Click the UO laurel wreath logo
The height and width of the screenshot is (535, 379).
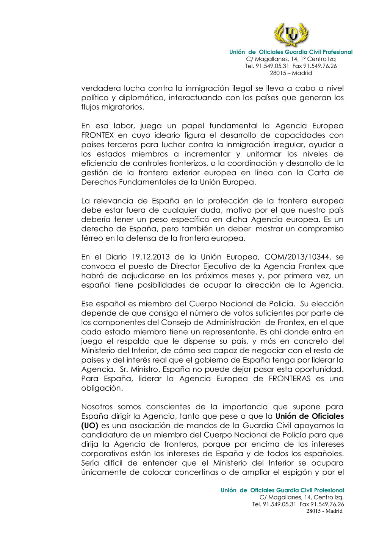pyautogui.click(x=291, y=34)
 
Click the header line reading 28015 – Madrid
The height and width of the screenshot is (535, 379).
pyautogui.click(x=291, y=73)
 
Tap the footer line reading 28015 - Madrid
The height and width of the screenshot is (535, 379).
pyautogui.click(x=324, y=511)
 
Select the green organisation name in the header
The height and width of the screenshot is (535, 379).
pyautogui.click(x=291, y=52)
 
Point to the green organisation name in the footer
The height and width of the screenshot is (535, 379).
pyautogui.click(x=282, y=490)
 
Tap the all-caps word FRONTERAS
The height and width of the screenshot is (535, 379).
pyautogui.click(x=290, y=379)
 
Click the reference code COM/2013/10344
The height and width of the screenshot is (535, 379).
pyautogui.click(x=298, y=257)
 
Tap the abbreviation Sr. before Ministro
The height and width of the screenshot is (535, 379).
pyautogui.click(x=124, y=369)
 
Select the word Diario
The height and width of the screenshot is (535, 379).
pyautogui.click(x=116, y=257)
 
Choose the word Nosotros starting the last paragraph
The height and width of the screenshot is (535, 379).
pyautogui.click(x=97, y=407)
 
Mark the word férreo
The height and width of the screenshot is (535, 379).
pyautogui.click(x=91, y=238)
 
